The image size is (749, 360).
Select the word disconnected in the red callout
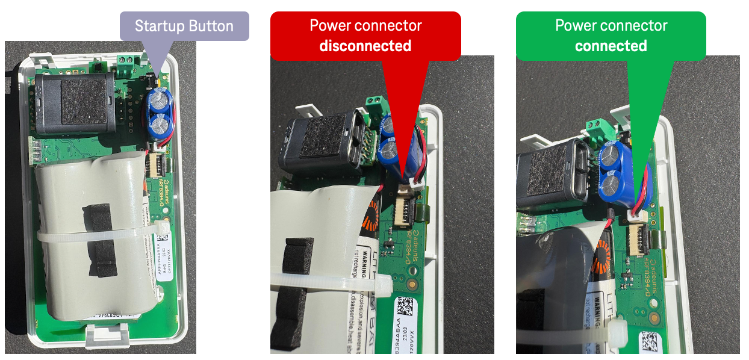(x=365, y=46)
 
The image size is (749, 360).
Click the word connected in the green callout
(x=611, y=46)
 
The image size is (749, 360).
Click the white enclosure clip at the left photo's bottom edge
(x=109, y=335)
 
